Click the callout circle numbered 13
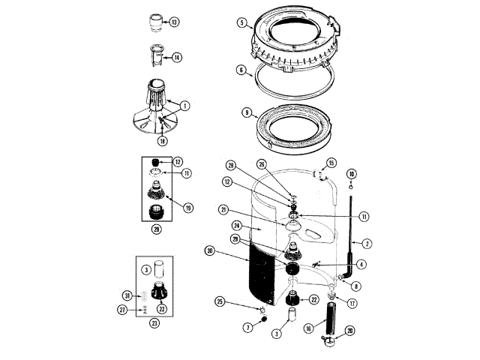(x=174, y=22)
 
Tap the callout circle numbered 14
(x=176, y=57)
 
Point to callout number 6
(x=241, y=70)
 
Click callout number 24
(x=237, y=226)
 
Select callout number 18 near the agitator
(x=162, y=140)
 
